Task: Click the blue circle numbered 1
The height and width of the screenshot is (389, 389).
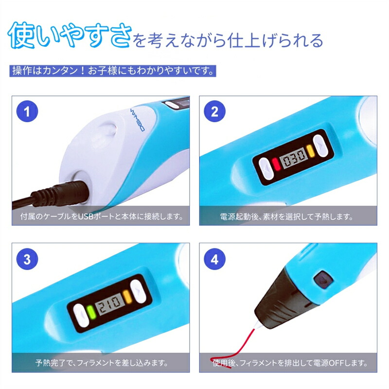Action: (x=27, y=111)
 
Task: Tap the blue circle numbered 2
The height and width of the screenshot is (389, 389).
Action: (x=214, y=111)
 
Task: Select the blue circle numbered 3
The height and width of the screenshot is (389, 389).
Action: (x=27, y=259)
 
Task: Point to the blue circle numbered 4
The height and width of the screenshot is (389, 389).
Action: (x=214, y=259)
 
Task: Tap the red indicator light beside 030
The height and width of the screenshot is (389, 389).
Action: (x=276, y=164)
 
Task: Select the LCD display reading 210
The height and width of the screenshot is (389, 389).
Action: (x=109, y=303)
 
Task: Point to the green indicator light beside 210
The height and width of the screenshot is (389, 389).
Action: (x=91, y=312)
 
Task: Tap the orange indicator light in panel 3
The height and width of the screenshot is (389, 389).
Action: (x=127, y=296)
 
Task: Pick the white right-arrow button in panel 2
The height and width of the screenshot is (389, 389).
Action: (x=320, y=145)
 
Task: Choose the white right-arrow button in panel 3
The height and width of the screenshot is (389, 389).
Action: (x=138, y=291)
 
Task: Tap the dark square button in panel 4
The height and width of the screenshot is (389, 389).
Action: (x=323, y=280)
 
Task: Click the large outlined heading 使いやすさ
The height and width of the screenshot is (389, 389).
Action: (x=70, y=35)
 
